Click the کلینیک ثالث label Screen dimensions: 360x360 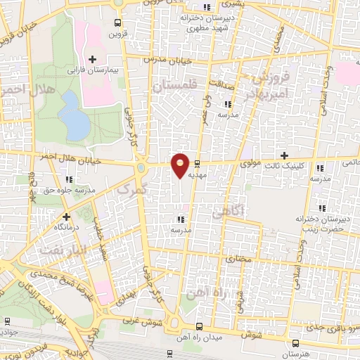[x=283, y=167]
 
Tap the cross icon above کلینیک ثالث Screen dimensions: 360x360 [x=283, y=155]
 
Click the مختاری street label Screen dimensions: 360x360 [x=237, y=259]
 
